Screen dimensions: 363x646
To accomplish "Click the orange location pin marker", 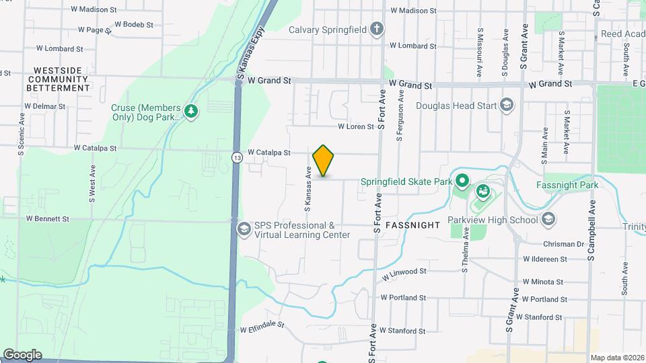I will [x=324, y=160].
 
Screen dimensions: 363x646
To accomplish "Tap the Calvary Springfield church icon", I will [x=378, y=30].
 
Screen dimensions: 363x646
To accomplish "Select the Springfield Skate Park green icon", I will [x=462, y=181].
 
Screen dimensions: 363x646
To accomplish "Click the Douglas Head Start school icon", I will [x=506, y=105].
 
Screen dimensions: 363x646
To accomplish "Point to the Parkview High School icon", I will [x=548, y=219].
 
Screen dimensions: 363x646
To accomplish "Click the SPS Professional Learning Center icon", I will [x=243, y=230].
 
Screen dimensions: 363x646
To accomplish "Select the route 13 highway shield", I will [x=237, y=157].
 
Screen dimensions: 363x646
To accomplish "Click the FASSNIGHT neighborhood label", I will [x=412, y=225].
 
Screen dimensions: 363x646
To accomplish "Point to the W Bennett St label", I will [x=48, y=218].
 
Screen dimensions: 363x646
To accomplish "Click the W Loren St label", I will [x=355, y=126].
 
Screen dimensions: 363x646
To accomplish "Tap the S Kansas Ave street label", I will [x=308, y=181].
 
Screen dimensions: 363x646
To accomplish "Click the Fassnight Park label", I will [x=567, y=185].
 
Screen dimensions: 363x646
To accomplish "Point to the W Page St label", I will [x=94, y=30].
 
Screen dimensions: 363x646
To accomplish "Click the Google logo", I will [x=22, y=354].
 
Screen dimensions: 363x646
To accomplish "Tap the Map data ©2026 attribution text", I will [x=616, y=358].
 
